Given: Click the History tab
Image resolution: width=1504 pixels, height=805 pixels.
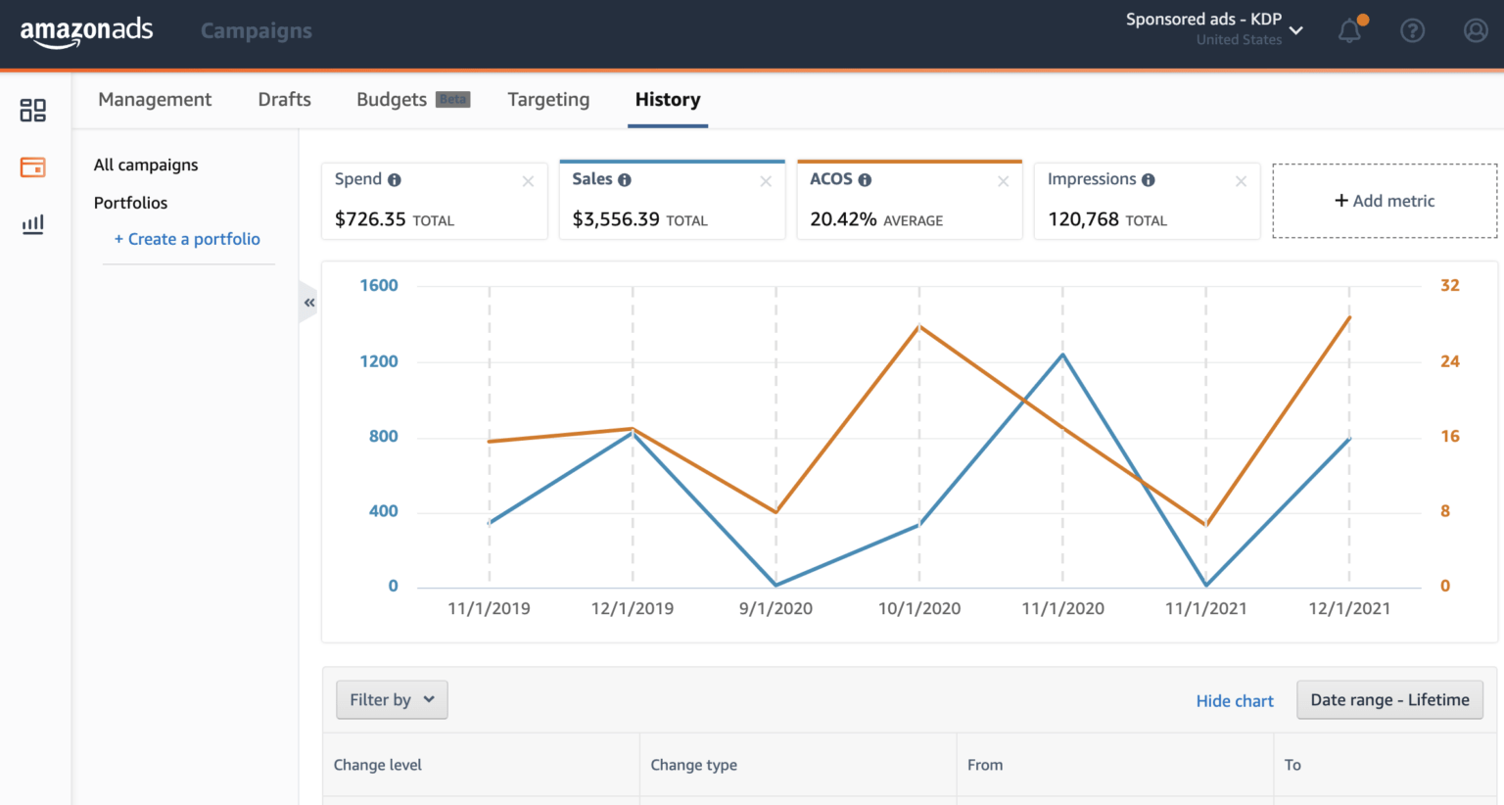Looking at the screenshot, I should (668, 100).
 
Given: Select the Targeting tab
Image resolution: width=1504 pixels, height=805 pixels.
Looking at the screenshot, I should (548, 100).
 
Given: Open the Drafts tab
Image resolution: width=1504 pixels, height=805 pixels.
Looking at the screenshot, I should (284, 100).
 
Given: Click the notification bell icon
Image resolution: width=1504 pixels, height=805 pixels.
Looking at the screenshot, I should (1350, 31).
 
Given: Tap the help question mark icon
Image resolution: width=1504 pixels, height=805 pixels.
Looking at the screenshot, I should (1412, 31).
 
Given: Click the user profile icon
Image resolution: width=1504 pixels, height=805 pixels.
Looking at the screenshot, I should (1476, 31).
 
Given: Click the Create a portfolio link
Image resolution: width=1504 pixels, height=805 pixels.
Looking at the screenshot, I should (187, 239).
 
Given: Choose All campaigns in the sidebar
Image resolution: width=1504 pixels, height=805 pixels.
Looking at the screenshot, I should (146, 165).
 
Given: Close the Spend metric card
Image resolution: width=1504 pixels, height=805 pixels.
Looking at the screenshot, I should (528, 181).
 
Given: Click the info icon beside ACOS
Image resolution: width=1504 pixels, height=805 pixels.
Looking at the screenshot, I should (865, 180).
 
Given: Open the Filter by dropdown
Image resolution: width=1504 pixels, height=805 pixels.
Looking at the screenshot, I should (392, 700).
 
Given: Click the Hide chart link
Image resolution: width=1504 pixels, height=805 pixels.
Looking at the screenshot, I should (1235, 701).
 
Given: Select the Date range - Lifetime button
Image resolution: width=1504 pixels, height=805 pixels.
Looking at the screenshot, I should (1389, 700).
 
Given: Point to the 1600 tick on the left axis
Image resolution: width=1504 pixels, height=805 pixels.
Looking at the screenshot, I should (379, 286).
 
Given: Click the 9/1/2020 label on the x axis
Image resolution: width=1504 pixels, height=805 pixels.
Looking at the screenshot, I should (775, 609).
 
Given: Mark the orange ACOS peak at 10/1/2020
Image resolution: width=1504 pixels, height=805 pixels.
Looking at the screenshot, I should (919, 326).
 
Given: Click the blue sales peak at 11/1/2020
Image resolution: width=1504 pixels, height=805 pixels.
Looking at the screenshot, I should (1062, 355).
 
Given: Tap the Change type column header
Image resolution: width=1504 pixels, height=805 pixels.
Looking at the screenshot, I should (693, 765).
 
